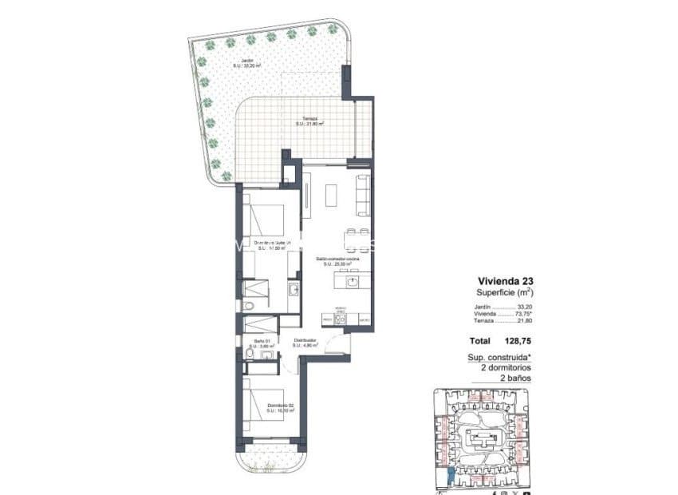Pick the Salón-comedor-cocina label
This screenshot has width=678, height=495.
point(337,261)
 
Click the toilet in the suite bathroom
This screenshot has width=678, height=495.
point(249,306)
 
